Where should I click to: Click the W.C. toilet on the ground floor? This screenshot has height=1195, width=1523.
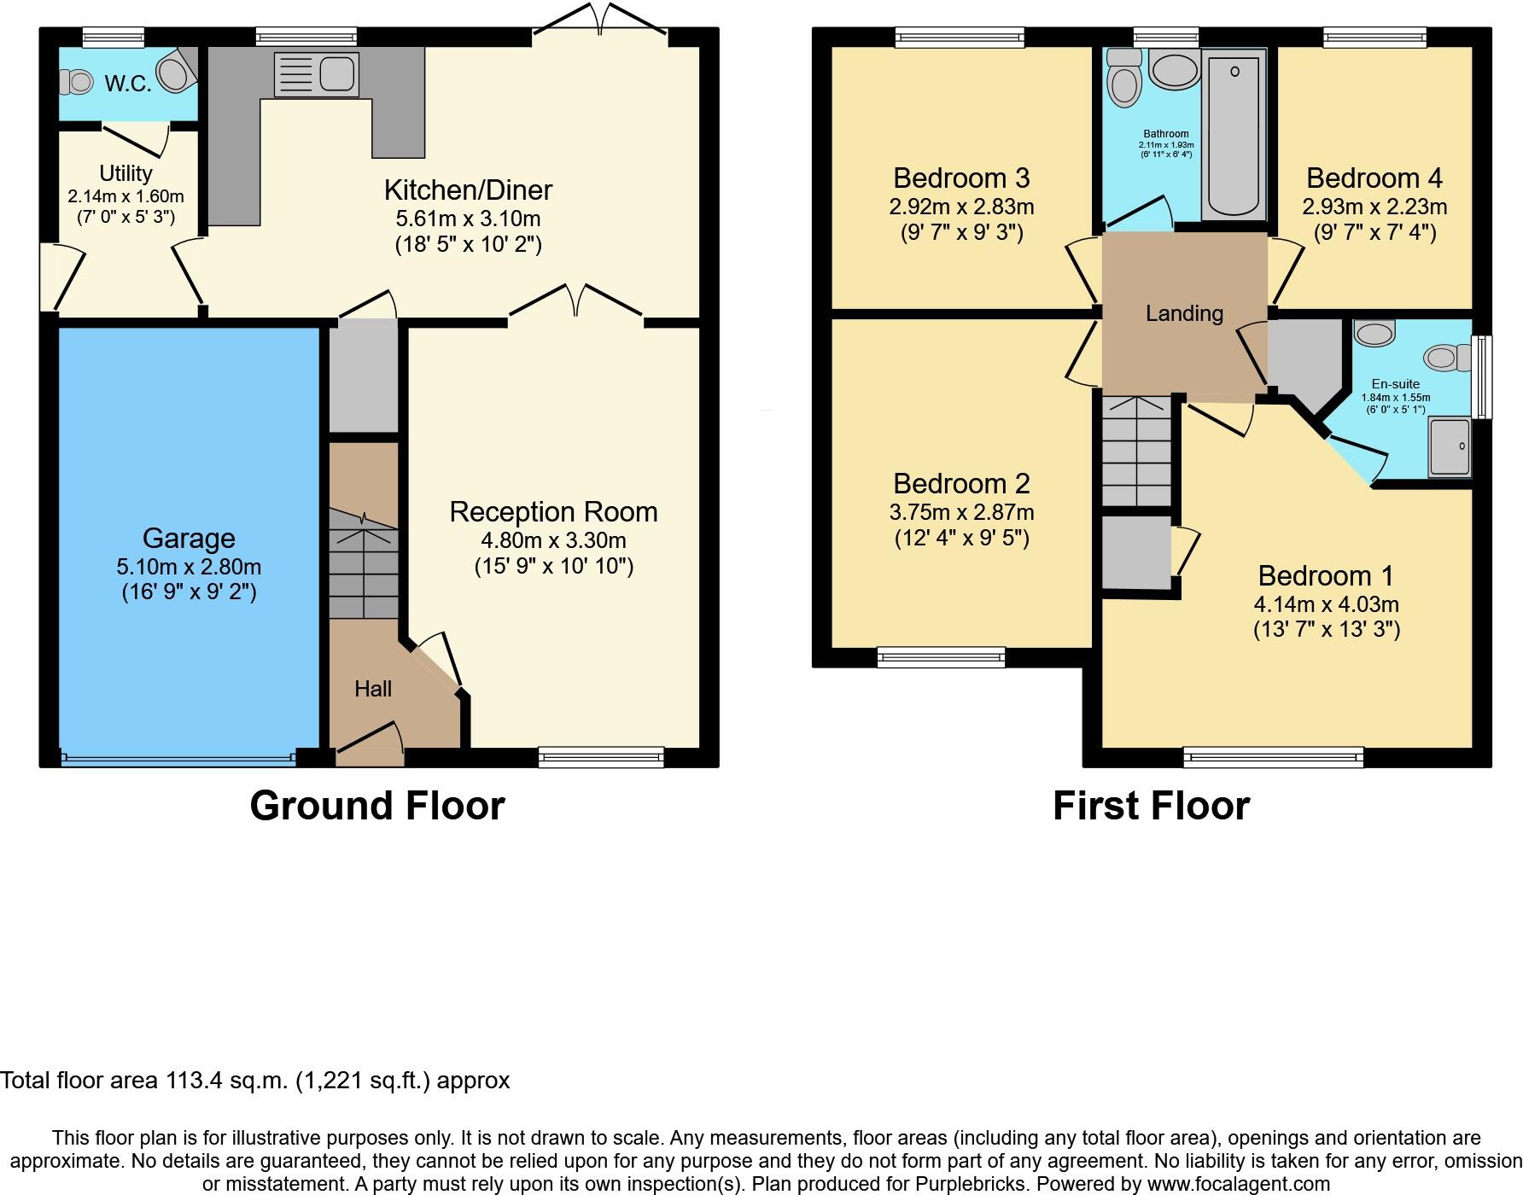pyautogui.click(x=78, y=82)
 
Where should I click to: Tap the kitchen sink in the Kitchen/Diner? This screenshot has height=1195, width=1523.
pyautogui.click(x=316, y=74)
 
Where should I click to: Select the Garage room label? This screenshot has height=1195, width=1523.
pyautogui.click(x=189, y=538)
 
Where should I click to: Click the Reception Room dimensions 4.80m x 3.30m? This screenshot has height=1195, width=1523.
pyautogui.click(x=553, y=540)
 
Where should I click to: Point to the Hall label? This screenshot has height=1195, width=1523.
pyautogui.click(x=373, y=689)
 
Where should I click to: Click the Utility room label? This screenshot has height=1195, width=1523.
pyautogui.click(x=125, y=173)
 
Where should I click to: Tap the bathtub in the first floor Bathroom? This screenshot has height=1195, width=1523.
pyautogui.click(x=1234, y=132)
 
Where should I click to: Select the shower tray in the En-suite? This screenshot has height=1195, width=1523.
pyautogui.click(x=1450, y=447)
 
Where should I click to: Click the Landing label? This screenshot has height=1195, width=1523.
pyautogui.click(x=1184, y=313)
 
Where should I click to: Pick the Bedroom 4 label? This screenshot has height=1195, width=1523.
pyautogui.click(x=1374, y=178)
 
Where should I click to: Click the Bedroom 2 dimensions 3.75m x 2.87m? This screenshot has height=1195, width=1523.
pyautogui.click(x=961, y=512)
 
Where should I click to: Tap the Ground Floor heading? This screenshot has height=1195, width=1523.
pyautogui.click(x=377, y=806)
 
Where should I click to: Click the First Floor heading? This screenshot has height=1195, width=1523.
pyautogui.click(x=1151, y=806)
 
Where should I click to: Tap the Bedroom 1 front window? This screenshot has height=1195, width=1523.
pyautogui.click(x=1273, y=756)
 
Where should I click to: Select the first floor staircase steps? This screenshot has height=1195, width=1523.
pyautogui.click(x=1135, y=452)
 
